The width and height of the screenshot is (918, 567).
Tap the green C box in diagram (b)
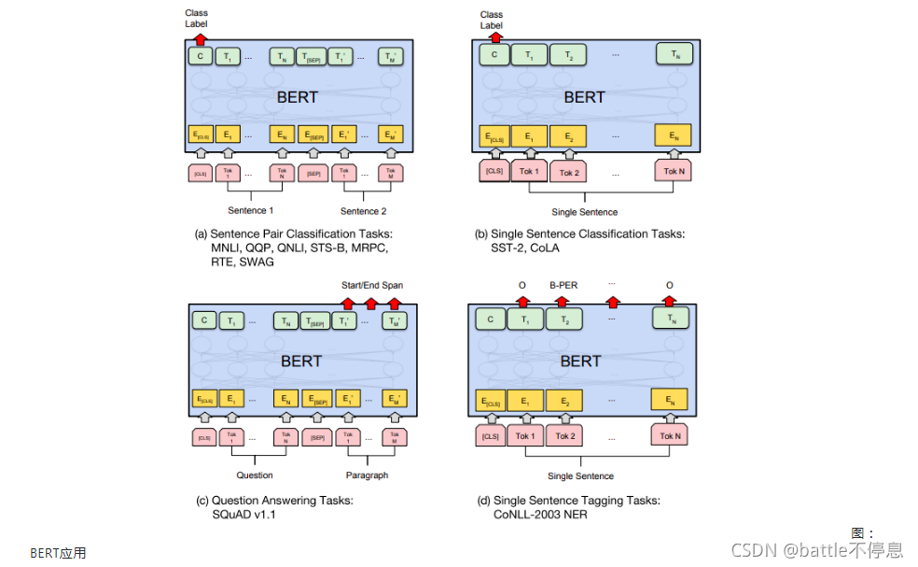pos(494,56)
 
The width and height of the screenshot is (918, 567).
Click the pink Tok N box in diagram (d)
pos(667,436)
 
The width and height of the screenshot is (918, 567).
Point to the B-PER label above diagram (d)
pos(563,286)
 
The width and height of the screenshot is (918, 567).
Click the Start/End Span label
pos(372,285)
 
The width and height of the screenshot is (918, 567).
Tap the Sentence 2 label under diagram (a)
pos(363,211)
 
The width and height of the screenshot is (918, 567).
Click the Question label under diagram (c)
pos(254,475)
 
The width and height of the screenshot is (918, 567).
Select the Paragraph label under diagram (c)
pos(367,475)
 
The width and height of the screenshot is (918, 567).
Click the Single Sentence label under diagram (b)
pos(584,212)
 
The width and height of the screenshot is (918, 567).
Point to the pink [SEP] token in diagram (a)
pos(314,174)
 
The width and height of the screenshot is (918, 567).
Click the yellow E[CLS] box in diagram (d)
pos(491,403)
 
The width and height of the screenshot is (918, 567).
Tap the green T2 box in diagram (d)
pos(563,320)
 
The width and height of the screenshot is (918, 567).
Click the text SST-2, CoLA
pos(523,248)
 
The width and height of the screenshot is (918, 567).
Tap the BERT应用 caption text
pos(58,553)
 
